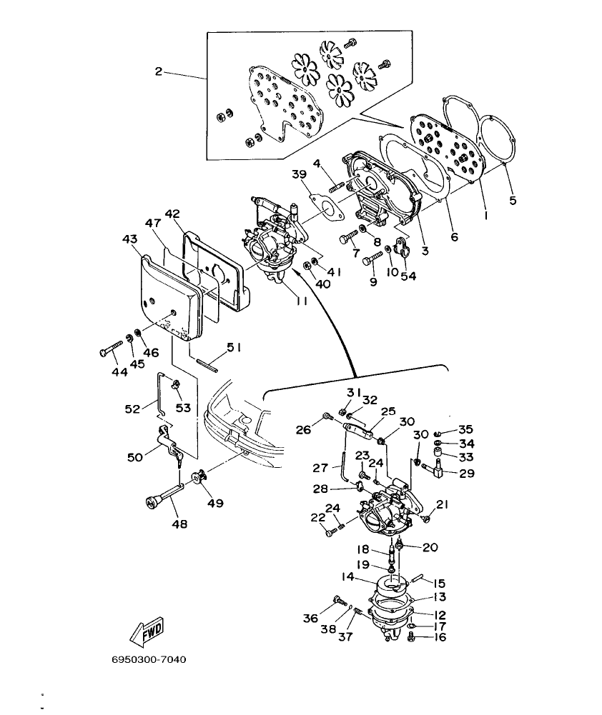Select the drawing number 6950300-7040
tap(149, 659)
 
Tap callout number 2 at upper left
tap(159, 71)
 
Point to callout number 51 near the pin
tap(234, 347)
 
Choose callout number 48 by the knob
tap(179, 524)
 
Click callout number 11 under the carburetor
tap(302, 301)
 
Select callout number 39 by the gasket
tap(299, 174)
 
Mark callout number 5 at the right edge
tap(513, 200)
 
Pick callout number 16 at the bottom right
tap(440, 637)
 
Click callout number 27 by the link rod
tap(321, 468)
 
